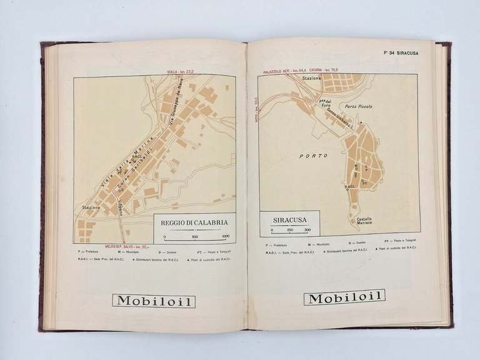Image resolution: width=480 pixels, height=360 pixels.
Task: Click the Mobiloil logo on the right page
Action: tap(344, 298)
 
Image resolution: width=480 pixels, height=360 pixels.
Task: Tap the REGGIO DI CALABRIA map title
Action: tap(194, 222)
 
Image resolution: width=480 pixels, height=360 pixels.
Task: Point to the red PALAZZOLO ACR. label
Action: tap(291, 71)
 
